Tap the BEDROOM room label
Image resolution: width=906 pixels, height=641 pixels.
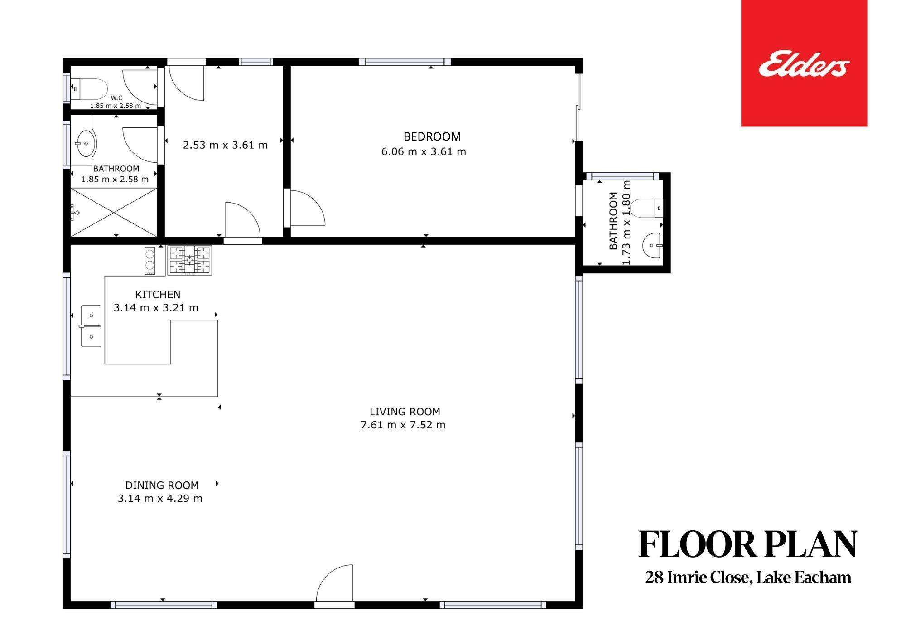pyautogui.click(x=432, y=136)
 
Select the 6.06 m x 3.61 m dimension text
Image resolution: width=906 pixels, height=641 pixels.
pyautogui.click(x=424, y=151)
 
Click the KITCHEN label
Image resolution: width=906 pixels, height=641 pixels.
pyautogui.click(x=158, y=294)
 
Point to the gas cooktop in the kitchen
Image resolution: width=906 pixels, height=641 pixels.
pyautogui.click(x=189, y=260)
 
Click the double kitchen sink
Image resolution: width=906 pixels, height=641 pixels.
pyautogui.click(x=91, y=326)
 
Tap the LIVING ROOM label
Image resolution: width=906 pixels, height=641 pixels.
pyautogui.click(x=405, y=412)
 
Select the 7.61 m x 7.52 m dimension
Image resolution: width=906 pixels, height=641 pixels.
pyautogui.click(x=403, y=425)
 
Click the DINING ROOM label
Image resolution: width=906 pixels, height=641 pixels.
pyautogui.click(x=162, y=485)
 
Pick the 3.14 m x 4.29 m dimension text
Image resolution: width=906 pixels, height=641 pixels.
pyautogui.click(x=160, y=499)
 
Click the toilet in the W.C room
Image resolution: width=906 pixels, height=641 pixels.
pyautogui.click(x=89, y=88)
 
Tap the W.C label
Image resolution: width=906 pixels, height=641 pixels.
pyautogui.click(x=116, y=98)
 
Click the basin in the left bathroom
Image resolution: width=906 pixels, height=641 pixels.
pyautogui.click(x=86, y=143)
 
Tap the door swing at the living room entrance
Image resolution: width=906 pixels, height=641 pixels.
pyautogui.click(x=334, y=583)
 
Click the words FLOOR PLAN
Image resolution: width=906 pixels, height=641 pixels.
pyautogui.click(x=747, y=544)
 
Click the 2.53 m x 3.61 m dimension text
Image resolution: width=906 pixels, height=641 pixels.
pyautogui.click(x=225, y=145)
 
